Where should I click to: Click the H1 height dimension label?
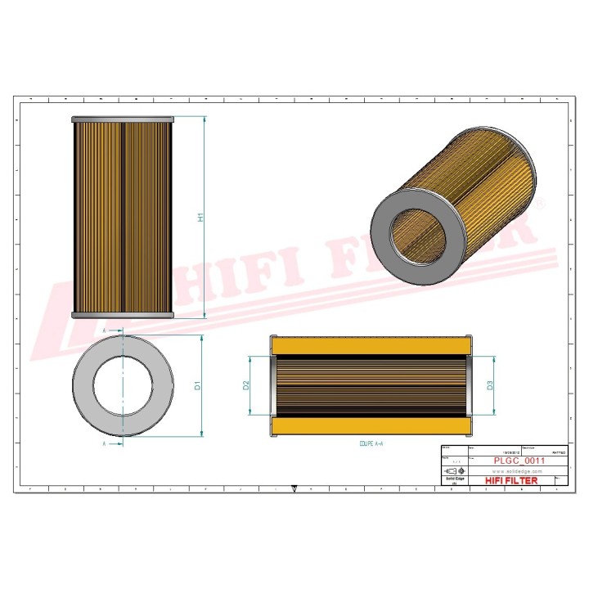pyautogui.click(x=200, y=218)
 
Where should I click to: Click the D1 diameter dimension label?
pyautogui.click(x=198, y=385)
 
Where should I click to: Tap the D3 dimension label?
pyautogui.click(x=490, y=385)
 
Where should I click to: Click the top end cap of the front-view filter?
pyautogui.click(x=123, y=120)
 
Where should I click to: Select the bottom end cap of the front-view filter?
pyautogui.click(x=123, y=315)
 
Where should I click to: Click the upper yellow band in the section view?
pyautogui.click(x=370, y=347)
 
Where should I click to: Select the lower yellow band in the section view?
pyautogui.click(x=370, y=426)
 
